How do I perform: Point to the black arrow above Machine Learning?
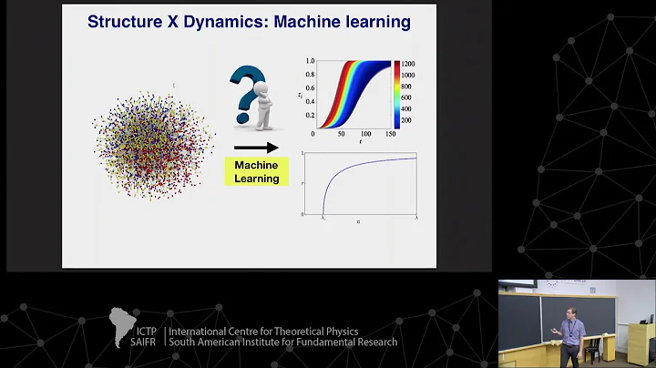tap(256, 146)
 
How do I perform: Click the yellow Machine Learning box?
tap(256, 171)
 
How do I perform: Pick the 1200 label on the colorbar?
tap(406, 64)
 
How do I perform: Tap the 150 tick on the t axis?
tap(390, 133)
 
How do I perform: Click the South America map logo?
tap(122, 326)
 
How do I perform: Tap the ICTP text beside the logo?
tap(148, 332)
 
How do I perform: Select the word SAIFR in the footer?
tap(148, 342)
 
